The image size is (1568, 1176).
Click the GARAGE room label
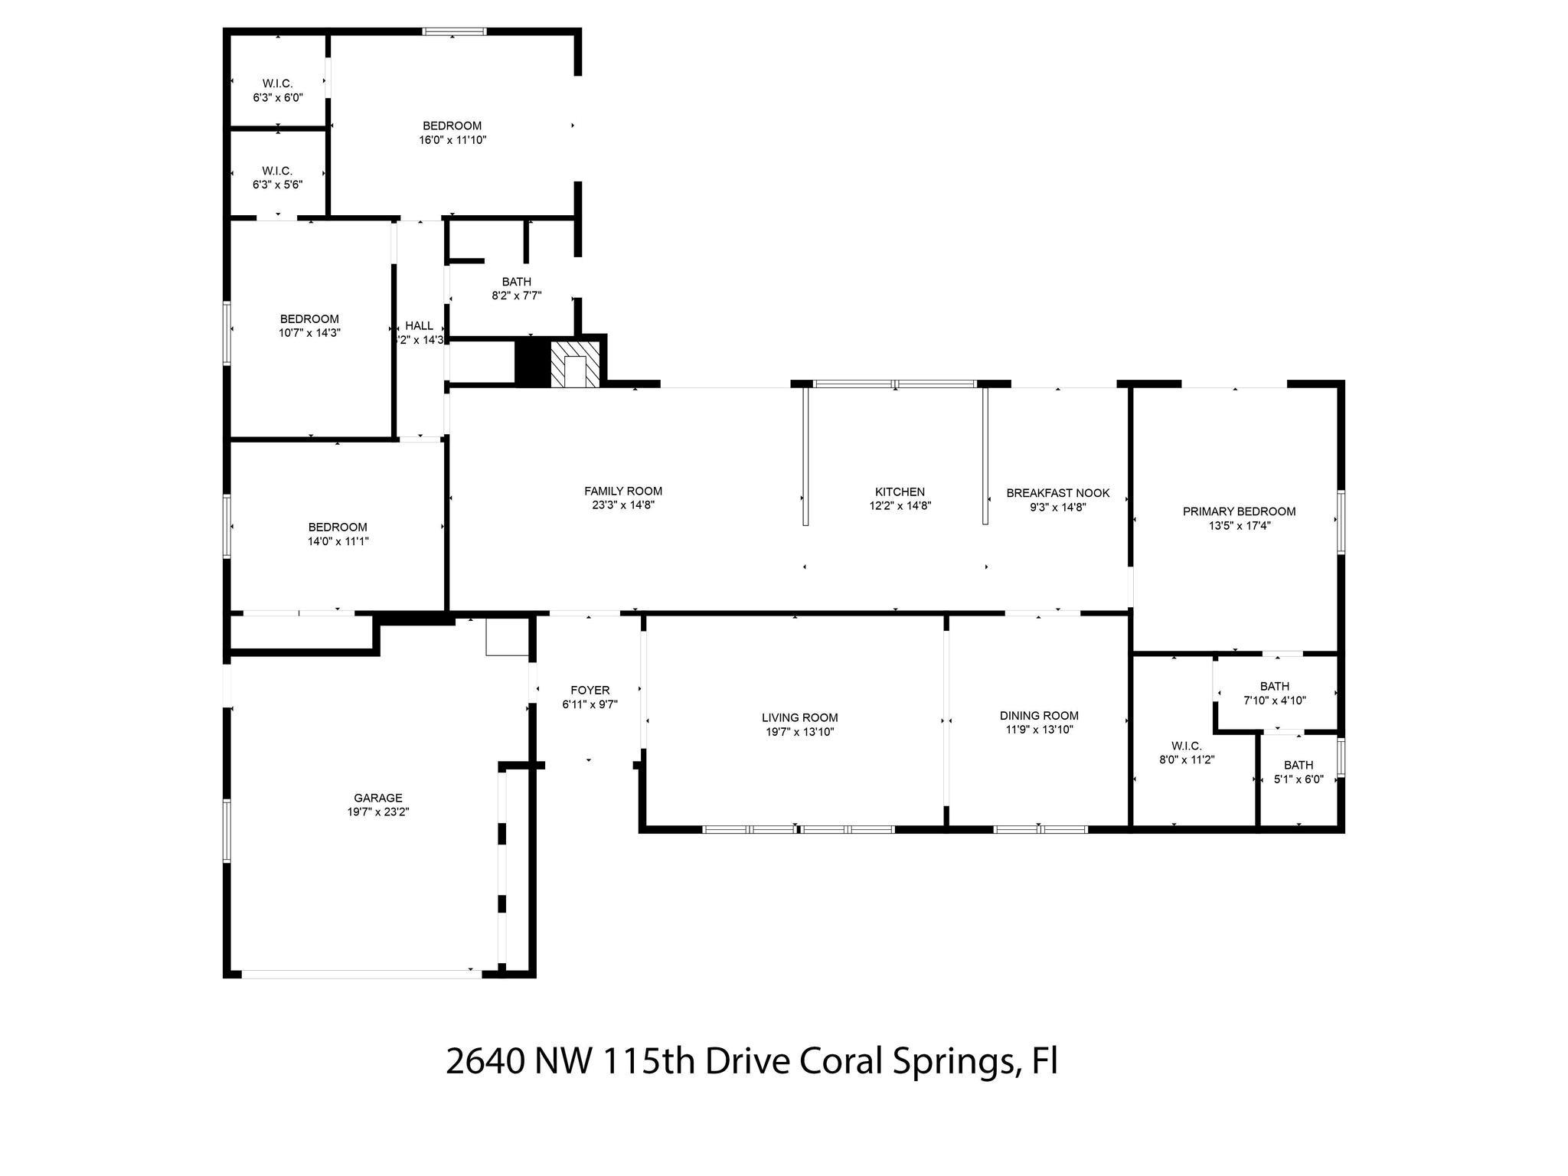click(378, 798)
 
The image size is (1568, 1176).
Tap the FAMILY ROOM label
click(623, 492)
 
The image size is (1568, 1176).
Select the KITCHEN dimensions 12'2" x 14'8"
click(900, 505)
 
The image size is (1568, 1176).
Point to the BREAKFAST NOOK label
click(1058, 493)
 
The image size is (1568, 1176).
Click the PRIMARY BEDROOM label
click(1240, 511)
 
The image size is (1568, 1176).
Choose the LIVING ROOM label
click(800, 717)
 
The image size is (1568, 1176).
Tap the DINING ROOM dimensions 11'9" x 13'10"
click(1040, 730)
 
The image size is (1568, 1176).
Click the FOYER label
click(590, 691)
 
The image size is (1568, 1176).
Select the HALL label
click(420, 326)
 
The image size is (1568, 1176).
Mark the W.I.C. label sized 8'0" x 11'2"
click(1187, 746)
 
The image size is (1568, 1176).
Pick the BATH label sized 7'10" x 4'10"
click(1275, 686)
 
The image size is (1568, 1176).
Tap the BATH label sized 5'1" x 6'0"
click(1298, 765)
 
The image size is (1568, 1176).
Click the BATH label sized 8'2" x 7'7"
click(517, 282)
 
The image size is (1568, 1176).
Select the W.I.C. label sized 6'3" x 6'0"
click(278, 83)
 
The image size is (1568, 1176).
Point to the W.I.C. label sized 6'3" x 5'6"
click(278, 171)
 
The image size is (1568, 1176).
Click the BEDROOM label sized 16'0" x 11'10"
click(452, 126)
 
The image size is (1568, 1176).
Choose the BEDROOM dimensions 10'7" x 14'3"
click(309, 333)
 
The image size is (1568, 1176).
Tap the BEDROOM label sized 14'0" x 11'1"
click(338, 527)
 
